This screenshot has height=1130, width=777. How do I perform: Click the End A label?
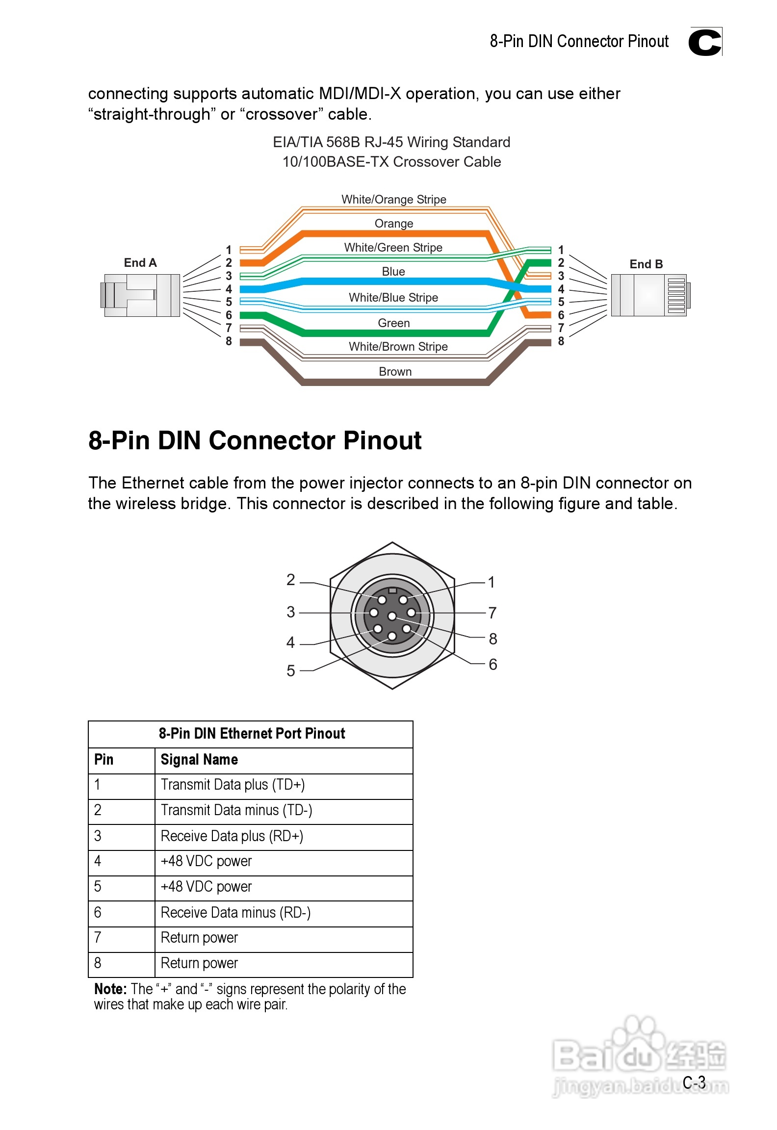(140, 263)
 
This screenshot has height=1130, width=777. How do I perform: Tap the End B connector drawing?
(648, 295)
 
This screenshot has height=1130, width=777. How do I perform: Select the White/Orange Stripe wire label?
(394, 200)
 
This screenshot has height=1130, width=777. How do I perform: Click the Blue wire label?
(393, 272)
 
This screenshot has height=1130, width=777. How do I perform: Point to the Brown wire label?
(395, 372)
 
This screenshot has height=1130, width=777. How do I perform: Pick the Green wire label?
(393, 323)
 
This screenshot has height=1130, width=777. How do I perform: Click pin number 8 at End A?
(229, 341)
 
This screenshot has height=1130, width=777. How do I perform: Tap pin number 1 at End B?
(561, 250)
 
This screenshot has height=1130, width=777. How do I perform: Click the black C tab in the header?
(705, 42)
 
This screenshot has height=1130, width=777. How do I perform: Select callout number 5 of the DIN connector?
(291, 670)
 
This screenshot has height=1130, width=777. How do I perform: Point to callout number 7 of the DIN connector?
(492, 613)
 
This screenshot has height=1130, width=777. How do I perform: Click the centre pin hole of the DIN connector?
(392, 616)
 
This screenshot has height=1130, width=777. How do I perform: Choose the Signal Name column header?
(199, 760)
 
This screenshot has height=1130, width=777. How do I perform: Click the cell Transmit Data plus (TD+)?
(233, 785)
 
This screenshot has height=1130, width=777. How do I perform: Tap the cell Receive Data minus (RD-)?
(235, 913)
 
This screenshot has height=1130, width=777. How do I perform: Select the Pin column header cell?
(104, 760)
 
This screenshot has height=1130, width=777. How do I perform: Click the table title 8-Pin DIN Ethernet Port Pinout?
(252, 734)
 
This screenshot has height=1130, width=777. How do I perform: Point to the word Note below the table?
(110, 989)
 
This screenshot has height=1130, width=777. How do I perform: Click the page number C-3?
(694, 1082)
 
